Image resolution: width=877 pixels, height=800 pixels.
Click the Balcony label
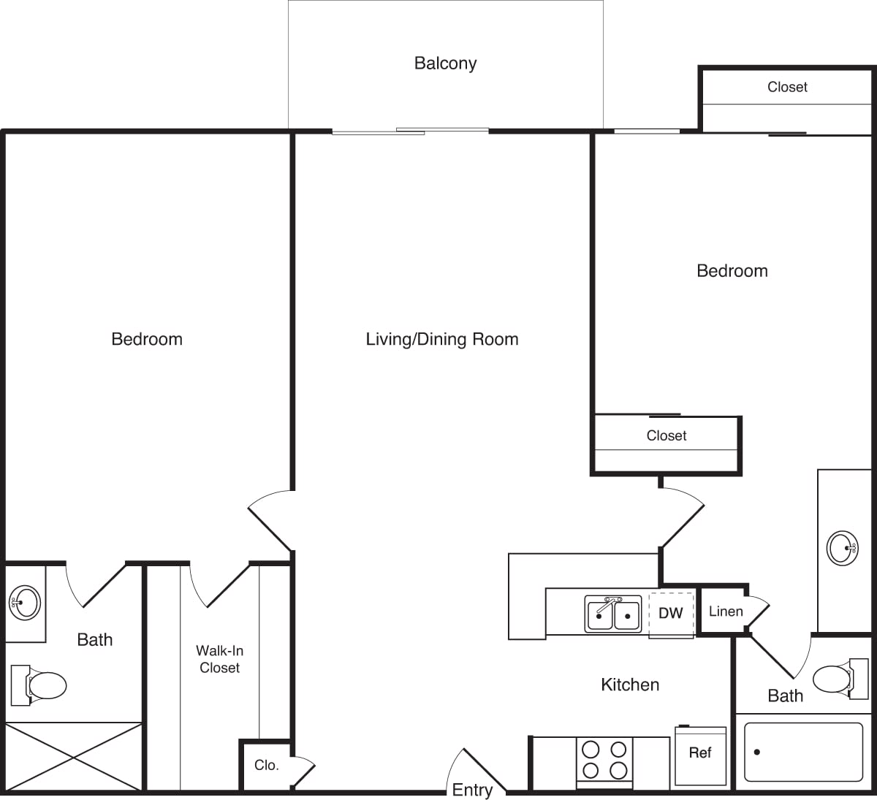coord(445,64)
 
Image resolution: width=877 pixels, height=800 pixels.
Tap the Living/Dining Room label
coord(441,339)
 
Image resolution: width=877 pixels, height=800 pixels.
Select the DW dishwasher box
coord(671,614)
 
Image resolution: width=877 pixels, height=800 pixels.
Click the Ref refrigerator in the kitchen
coord(700,754)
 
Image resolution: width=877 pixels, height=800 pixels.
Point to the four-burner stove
coord(604,760)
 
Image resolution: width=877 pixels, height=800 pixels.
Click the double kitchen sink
coord(613,614)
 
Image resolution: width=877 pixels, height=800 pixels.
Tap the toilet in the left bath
coord(40,685)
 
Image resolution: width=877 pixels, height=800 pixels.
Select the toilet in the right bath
coord(833,679)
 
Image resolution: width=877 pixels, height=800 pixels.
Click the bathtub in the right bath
coord(803,752)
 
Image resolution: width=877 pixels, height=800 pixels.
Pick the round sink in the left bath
coord(25,603)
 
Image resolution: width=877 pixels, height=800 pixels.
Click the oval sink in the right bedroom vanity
coord(842,547)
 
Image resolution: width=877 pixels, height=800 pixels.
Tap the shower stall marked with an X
coord(73,757)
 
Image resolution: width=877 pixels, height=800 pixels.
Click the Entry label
coord(472,790)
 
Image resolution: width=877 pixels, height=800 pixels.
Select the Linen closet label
coord(725,612)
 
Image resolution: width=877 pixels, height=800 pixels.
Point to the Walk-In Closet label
coord(219,659)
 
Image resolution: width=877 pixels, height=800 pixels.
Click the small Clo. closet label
coord(266,766)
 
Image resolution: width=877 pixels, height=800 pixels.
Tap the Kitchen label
coord(630,685)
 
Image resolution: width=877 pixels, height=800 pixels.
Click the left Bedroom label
coord(147,339)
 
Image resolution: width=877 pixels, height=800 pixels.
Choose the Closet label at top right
coord(787,87)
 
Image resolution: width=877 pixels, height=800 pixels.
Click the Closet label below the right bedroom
coord(667,435)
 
